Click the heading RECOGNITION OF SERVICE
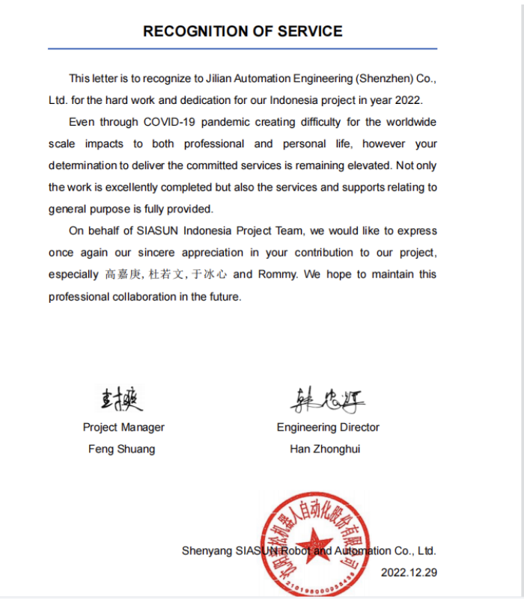tap(243, 31)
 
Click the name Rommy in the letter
tap(277, 274)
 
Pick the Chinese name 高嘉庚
tap(123, 274)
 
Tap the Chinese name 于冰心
tap(210, 274)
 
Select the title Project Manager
tap(124, 428)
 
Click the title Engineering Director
tap(328, 428)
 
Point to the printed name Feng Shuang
tap(123, 449)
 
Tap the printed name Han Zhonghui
tap(325, 449)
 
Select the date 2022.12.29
tap(409, 573)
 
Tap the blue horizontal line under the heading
tap(243, 49)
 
